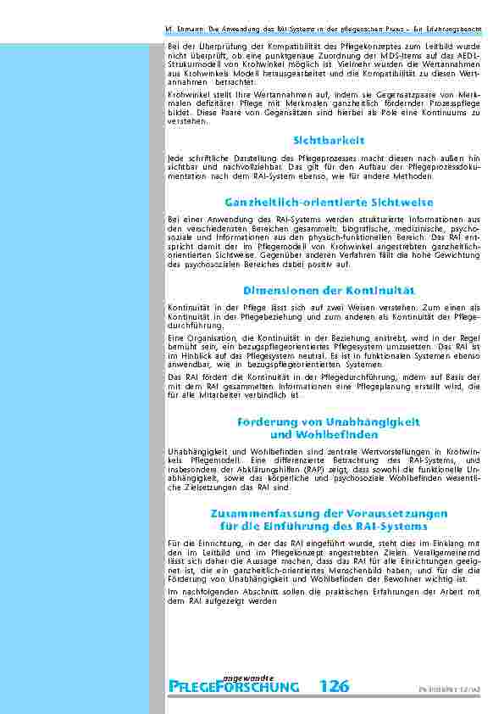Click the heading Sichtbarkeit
pos(329,140)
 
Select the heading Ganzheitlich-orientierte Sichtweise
pos(329,203)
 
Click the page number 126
pos(335,687)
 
